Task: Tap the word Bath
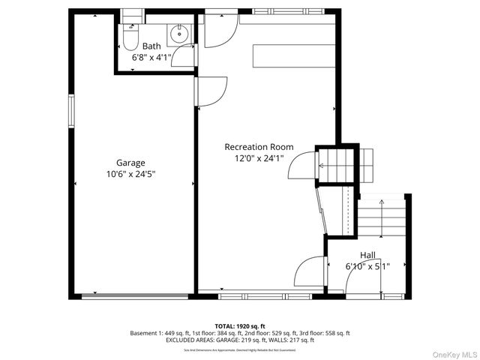pos(151,46)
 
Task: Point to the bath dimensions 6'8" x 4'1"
pos(151,57)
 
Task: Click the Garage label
pos(130,162)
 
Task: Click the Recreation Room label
pos(259,147)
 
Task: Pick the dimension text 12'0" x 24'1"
pos(259,158)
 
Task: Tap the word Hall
pos(367,255)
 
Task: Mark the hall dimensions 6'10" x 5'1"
pos(367,266)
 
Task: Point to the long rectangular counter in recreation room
pos(294,56)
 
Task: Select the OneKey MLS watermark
pos(451,352)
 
